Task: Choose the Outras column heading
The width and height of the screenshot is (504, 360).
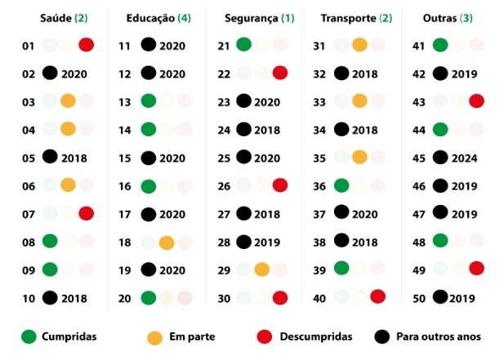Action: click(x=448, y=18)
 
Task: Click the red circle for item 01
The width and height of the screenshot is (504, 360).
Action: click(x=86, y=46)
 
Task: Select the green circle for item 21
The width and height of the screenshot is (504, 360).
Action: click(x=243, y=45)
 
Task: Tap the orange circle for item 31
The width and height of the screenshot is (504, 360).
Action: click(x=359, y=45)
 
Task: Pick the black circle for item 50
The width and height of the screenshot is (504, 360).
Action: click(x=441, y=297)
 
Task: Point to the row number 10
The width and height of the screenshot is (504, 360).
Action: click(x=29, y=298)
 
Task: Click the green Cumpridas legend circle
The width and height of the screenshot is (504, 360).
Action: click(x=30, y=336)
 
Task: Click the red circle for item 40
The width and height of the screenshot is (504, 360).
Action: click(x=377, y=296)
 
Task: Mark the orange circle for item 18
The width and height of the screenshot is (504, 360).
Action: click(x=166, y=242)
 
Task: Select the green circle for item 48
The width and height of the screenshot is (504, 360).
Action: click(x=441, y=241)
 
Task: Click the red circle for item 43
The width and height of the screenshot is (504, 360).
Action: click(x=476, y=101)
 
